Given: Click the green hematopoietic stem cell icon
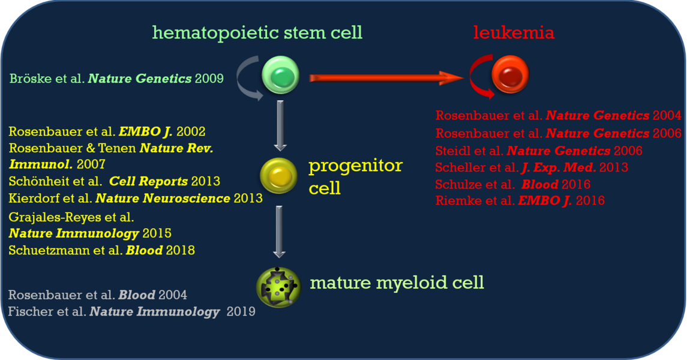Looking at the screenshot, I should (280, 76).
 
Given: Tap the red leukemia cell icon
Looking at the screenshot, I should (510, 76).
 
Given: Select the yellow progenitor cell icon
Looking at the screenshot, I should (278, 176).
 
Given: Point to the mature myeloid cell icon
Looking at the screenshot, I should (278, 287).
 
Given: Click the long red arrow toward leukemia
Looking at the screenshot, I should (384, 77).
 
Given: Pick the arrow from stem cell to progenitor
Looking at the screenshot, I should (280, 125).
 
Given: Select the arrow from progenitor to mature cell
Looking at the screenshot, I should (279, 231).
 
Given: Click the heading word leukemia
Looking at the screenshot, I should (514, 32).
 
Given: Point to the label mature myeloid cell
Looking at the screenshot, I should (397, 282).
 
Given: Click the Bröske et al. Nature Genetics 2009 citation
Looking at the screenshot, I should (116, 78).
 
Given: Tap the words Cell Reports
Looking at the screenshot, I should (157, 181).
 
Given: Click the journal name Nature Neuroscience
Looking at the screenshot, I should (163, 198).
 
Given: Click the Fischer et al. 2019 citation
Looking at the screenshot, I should (131, 311).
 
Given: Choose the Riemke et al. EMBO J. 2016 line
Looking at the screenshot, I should (520, 201).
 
